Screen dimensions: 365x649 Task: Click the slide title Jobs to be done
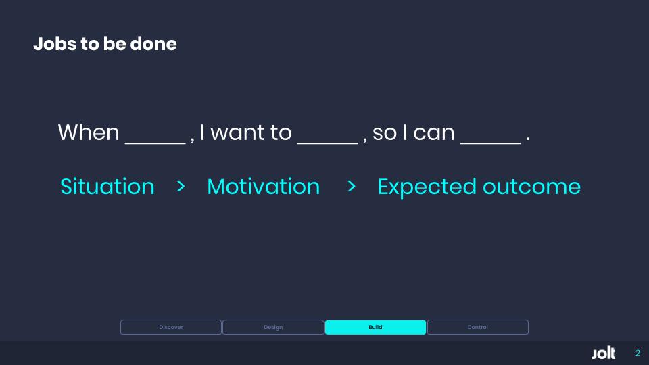tap(105, 45)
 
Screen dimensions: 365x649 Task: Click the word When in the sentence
tap(89, 132)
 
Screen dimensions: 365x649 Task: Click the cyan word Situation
tap(107, 187)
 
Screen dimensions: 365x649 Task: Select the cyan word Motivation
tap(263, 187)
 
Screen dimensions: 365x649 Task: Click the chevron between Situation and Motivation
tap(181, 187)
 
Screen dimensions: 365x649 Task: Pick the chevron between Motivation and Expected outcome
tap(352, 187)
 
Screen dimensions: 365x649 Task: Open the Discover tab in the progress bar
tap(171, 327)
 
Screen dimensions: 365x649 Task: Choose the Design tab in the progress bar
tap(273, 327)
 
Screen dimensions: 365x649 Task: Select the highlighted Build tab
tap(375, 327)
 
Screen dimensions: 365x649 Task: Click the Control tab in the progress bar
tap(477, 327)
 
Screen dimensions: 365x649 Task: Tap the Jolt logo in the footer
tap(604, 354)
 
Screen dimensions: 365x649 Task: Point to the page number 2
tap(637, 354)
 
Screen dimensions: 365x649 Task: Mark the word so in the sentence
tap(385, 133)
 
